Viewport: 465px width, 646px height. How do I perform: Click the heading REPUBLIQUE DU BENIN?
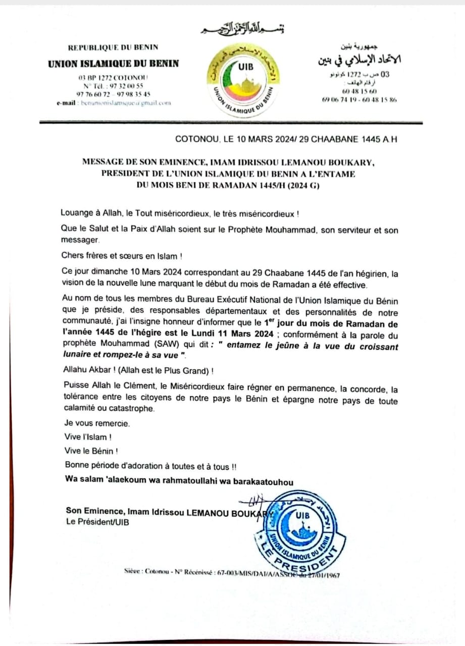coord(113,47)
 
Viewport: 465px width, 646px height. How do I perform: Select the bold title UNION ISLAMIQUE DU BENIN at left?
coord(113,64)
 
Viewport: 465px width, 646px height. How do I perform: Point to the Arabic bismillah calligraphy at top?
coord(239,29)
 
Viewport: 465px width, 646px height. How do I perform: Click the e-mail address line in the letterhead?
coord(114,102)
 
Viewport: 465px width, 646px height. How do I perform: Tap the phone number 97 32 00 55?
coord(113,86)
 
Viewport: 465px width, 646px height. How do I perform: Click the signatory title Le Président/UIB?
coord(97,522)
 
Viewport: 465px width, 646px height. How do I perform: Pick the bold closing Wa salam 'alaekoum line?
coord(179,481)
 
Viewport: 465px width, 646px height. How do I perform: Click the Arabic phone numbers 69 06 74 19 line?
coord(359,99)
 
